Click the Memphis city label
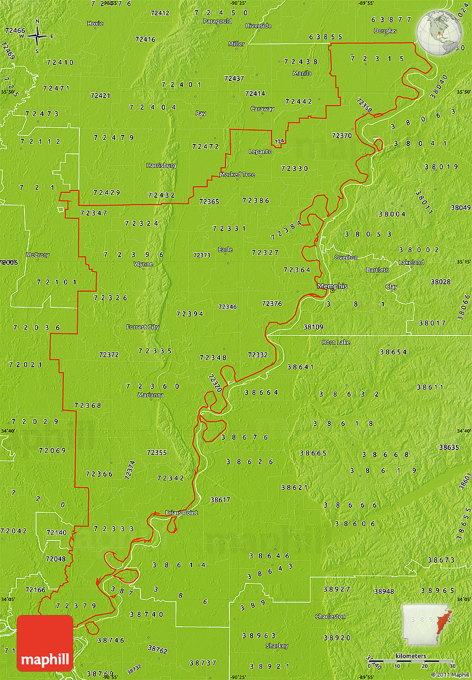(x=332, y=286)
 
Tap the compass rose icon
(x=37, y=37)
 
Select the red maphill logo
(x=45, y=643)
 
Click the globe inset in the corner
(x=440, y=32)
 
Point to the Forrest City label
(x=143, y=327)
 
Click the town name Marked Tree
(x=237, y=174)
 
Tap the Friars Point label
(x=182, y=512)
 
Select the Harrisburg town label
(x=161, y=166)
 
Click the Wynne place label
(x=143, y=264)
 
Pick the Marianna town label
(x=150, y=395)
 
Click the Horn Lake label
(x=336, y=342)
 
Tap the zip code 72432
(x=162, y=195)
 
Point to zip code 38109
(x=313, y=327)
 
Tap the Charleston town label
(x=330, y=617)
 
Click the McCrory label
(x=38, y=255)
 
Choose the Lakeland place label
(x=411, y=262)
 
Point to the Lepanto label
(x=260, y=151)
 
